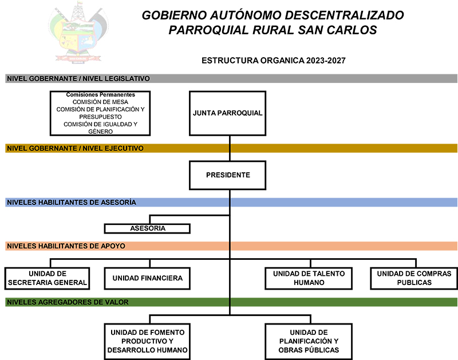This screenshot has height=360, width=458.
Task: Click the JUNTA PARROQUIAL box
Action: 228,113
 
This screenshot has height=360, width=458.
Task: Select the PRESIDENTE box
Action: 228,175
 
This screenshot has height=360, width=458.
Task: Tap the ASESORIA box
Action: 147,228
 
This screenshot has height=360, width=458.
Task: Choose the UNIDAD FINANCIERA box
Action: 147,278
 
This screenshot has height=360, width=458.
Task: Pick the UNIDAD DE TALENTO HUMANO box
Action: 309,278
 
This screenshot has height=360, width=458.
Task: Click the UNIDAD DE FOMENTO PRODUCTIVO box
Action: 147,341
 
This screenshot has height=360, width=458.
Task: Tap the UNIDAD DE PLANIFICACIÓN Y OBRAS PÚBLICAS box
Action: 309,341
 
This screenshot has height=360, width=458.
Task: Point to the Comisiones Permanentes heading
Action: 100,94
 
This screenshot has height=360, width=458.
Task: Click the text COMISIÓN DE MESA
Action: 100,102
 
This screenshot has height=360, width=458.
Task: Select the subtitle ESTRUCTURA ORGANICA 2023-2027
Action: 274,60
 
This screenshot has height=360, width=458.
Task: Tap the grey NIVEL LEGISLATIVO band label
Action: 78,78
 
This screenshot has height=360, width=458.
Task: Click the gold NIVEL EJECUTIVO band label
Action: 74,148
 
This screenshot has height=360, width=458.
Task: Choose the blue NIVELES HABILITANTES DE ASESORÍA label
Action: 71,202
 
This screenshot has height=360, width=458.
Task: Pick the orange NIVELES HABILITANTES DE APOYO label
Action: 66,246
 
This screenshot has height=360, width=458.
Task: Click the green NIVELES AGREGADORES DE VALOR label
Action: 68,302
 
